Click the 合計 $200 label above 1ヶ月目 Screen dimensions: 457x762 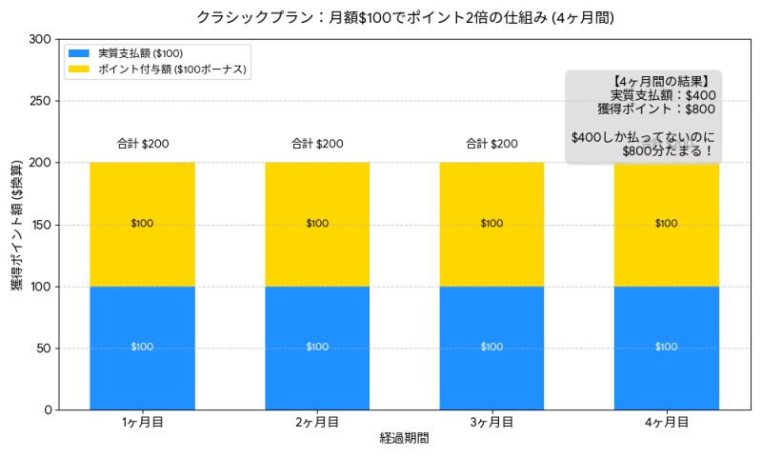pyautogui.click(x=143, y=144)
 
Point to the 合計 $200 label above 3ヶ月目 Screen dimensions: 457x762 pyautogui.click(x=491, y=144)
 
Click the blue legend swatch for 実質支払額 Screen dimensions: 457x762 pyautogui.click(x=78, y=52)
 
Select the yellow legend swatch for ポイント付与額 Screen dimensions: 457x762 pyautogui.click(x=78, y=69)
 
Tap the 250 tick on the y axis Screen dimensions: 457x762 pyautogui.click(x=42, y=101)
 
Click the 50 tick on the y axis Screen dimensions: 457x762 pyautogui.click(x=45, y=348)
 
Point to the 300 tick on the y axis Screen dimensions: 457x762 pyautogui.click(x=42, y=39)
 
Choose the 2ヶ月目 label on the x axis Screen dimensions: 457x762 pyautogui.click(x=317, y=422)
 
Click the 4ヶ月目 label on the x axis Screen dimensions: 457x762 pyautogui.click(x=667, y=422)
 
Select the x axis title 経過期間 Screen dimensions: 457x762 pyautogui.click(x=404, y=439)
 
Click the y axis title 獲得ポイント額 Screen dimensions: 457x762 pyautogui.click(x=17, y=225)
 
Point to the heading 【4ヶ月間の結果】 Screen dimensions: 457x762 pyautogui.click(x=661, y=81)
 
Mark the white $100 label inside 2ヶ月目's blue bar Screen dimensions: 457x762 pyautogui.click(x=317, y=348)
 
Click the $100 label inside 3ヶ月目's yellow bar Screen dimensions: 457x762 pyautogui.click(x=491, y=224)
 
